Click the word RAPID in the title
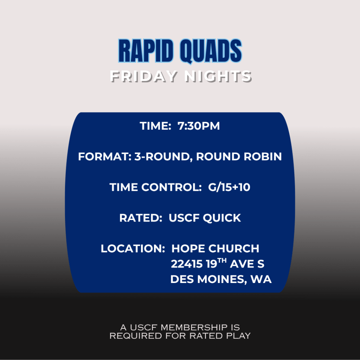(146, 51)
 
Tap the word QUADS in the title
(211, 51)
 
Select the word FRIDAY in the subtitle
(144, 76)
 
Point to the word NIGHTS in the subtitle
(218, 76)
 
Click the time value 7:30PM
(199, 126)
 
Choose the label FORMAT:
(105, 156)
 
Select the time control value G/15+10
(229, 187)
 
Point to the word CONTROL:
(172, 187)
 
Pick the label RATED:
(141, 218)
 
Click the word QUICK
(222, 218)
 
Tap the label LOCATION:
(133, 249)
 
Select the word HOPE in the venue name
(188, 249)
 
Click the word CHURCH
(234, 249)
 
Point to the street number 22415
(187, 264)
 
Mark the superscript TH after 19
(222, 261)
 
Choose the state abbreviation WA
(261, 279)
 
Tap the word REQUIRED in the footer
(136, 336)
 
